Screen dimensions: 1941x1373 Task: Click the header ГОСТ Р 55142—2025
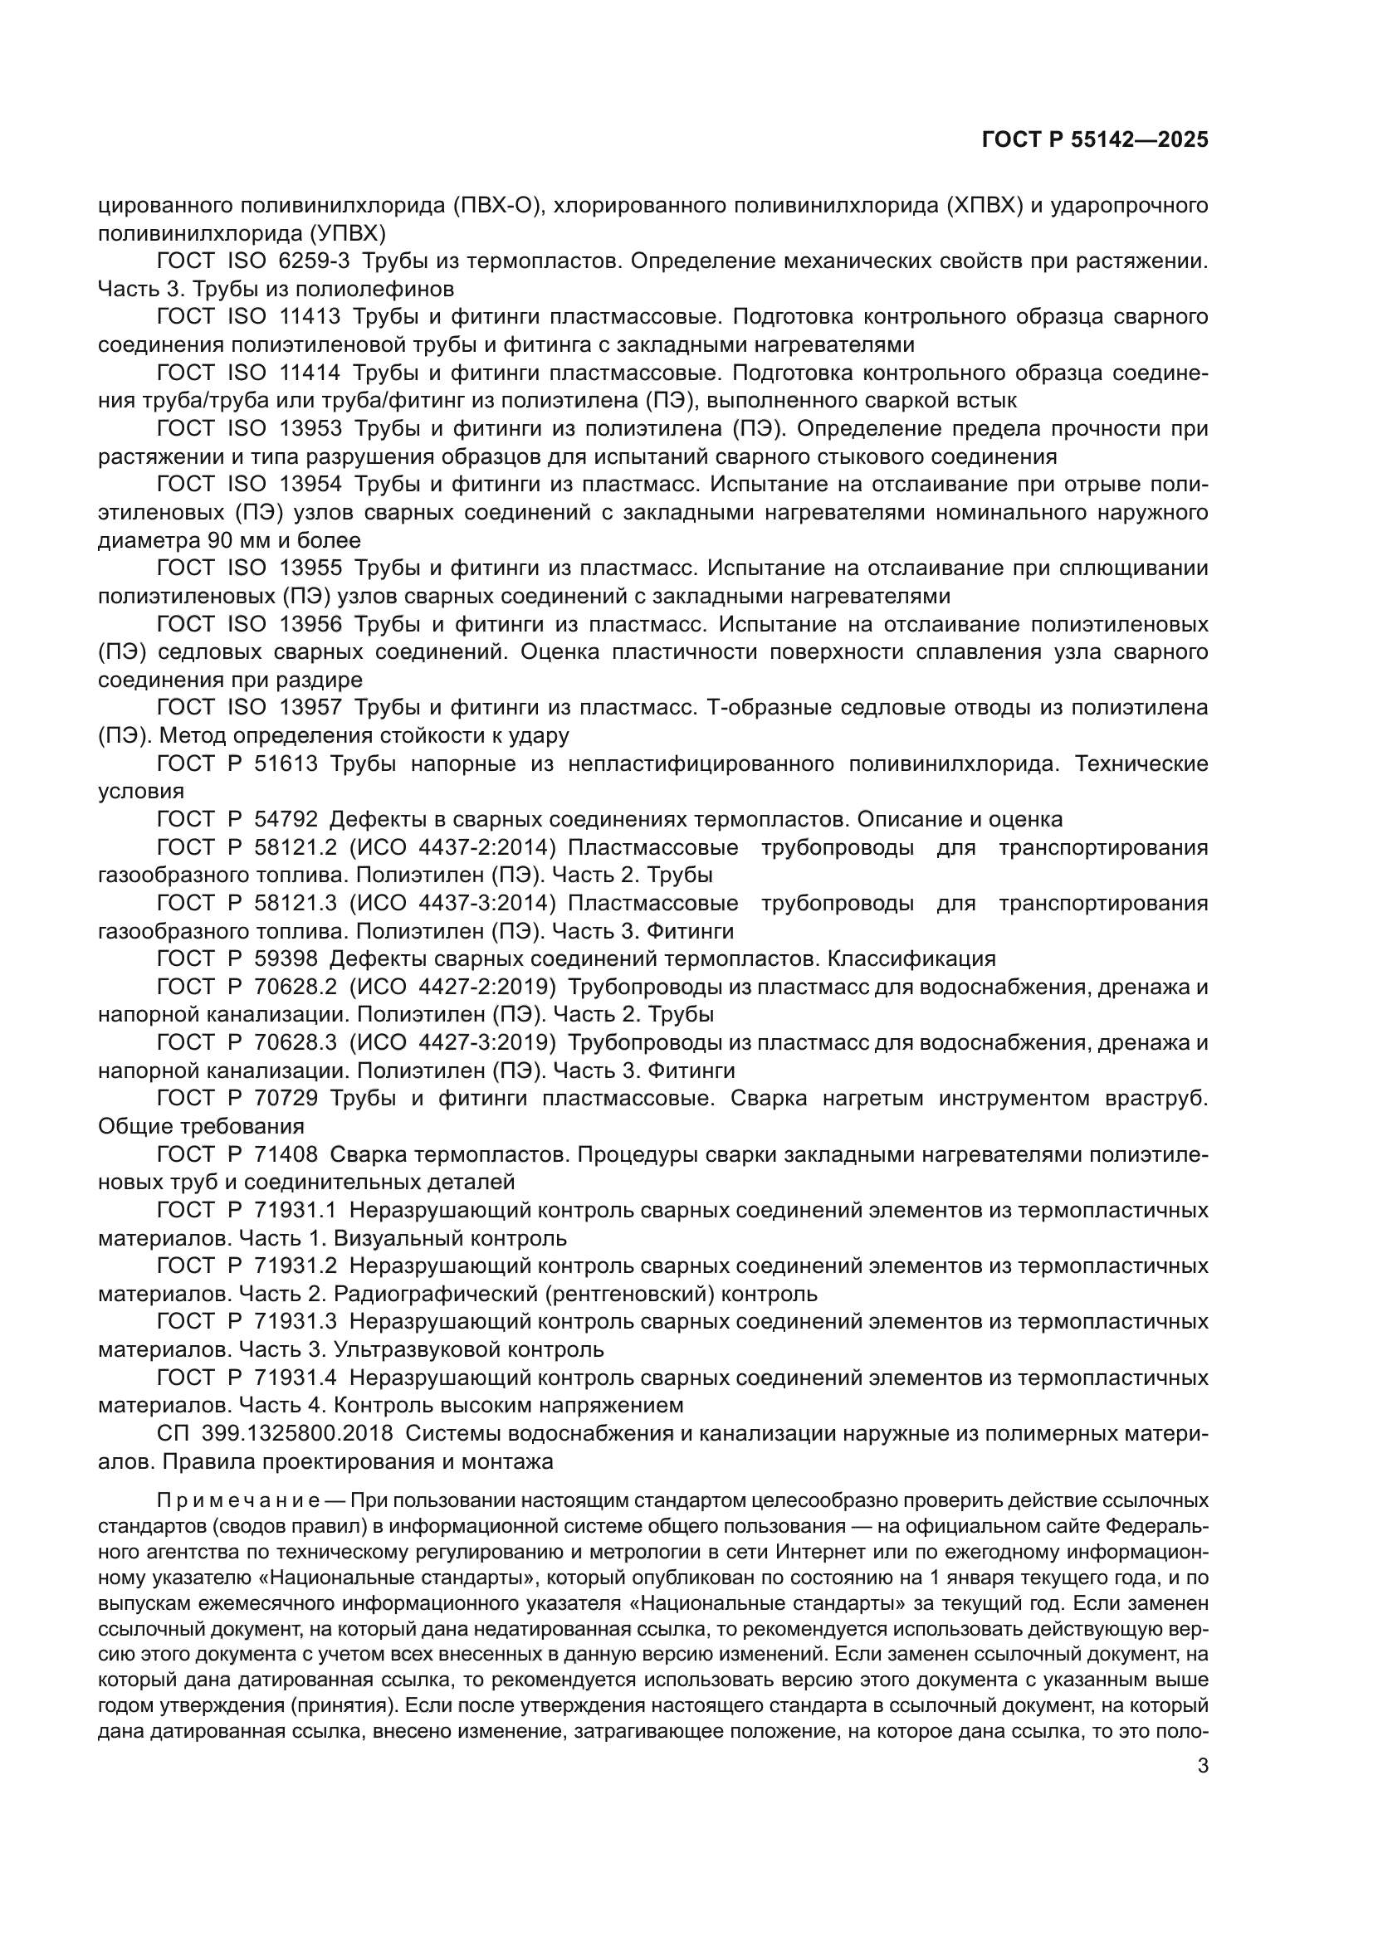tap(1095, 140)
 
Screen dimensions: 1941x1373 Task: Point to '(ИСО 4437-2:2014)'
tap(452, 847)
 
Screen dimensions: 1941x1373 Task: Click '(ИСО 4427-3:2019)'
tap(452, 1042)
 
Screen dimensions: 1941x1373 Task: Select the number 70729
tap(286, 1098)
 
